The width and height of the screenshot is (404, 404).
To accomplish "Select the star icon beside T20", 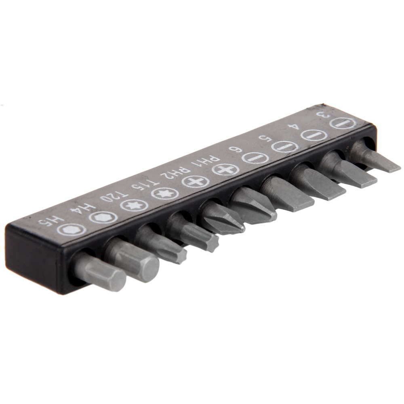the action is click(135, 206).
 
